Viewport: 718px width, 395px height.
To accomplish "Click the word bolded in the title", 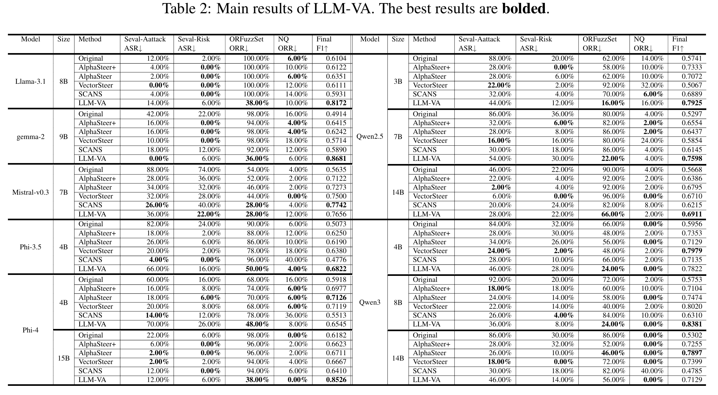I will click(x=524, y=9).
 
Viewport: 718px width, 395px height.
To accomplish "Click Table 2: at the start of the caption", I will click(x=186, y=9).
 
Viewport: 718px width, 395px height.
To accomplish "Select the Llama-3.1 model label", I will click(x=30, y=81).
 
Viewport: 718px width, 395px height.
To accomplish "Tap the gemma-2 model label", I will click(x=30, y=137).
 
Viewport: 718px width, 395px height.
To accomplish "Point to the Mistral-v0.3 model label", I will click(x=30, y=192).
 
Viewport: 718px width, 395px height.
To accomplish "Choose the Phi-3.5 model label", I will click(x=30, y=247).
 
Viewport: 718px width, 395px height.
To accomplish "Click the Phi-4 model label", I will click(x=30, y=330).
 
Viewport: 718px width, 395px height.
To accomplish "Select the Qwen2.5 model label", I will click(x=369, y=137).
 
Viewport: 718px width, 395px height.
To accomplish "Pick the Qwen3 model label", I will click(x=369, y=302).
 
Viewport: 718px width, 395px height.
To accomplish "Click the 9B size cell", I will click(x=64, y=137).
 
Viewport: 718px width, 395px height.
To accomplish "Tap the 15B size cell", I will click(x=64, y=358).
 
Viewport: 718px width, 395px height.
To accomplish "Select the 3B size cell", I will click(x=398, y=81).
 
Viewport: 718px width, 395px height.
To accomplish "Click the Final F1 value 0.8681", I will click(x=336, y=159).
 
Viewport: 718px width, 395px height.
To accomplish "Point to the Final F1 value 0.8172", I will click(x=336, y=103).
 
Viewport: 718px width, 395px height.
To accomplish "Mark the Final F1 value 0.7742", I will click(x=336, y=205).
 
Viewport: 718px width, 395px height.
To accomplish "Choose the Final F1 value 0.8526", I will click(x=336, y=380).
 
